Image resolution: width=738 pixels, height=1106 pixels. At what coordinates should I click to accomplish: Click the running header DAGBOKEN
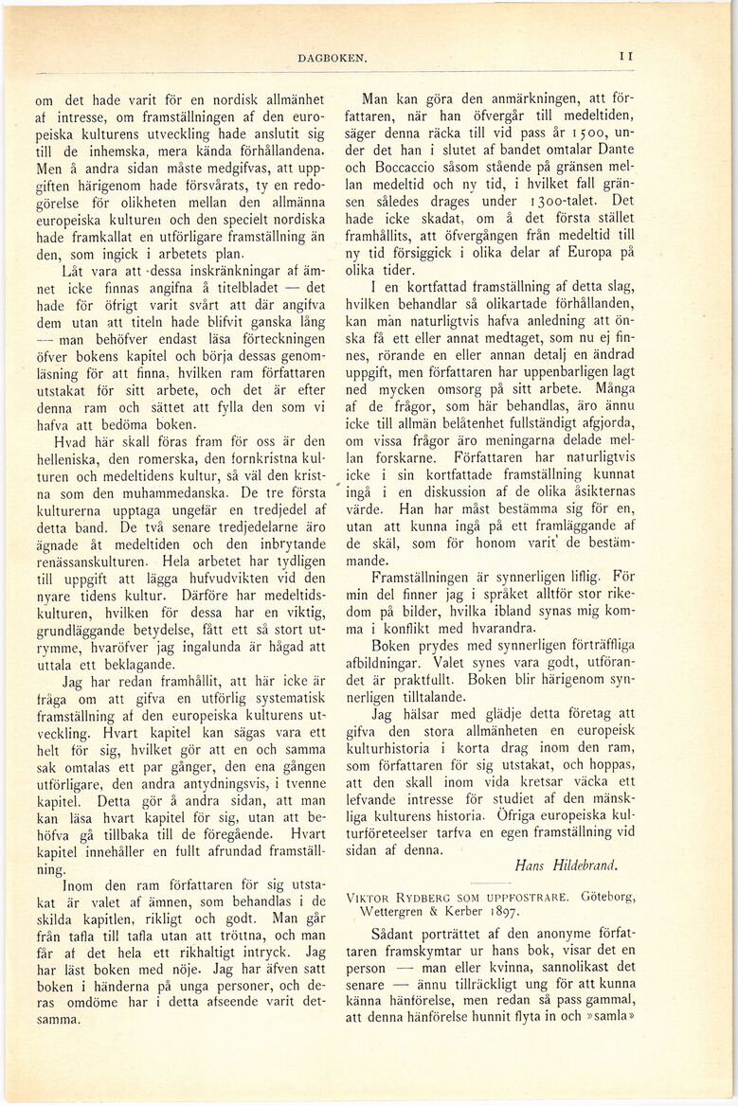pos(332,58)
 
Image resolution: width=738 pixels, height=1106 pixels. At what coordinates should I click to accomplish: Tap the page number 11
pos(626,57)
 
